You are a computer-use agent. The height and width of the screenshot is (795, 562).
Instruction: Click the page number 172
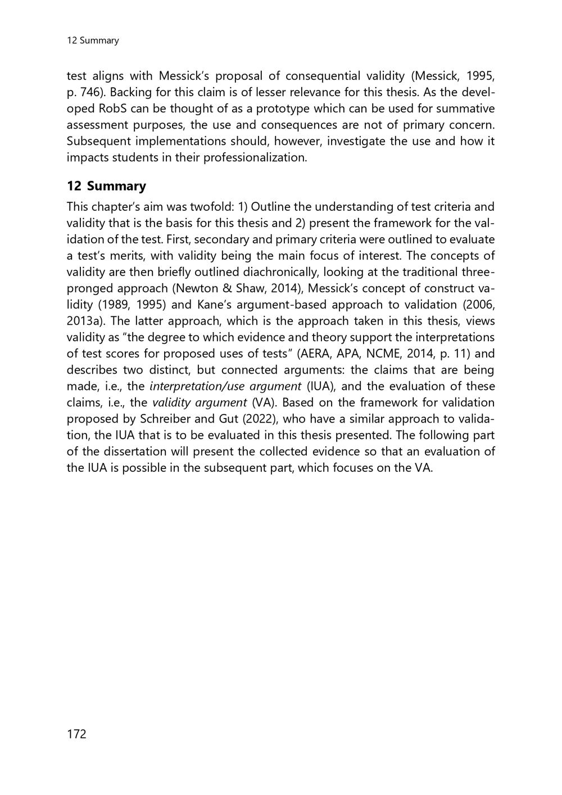pos(76,734)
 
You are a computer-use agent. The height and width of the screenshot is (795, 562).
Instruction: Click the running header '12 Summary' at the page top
pos(93,40)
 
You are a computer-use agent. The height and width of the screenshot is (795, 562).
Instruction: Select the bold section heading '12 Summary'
pos(106,186)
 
